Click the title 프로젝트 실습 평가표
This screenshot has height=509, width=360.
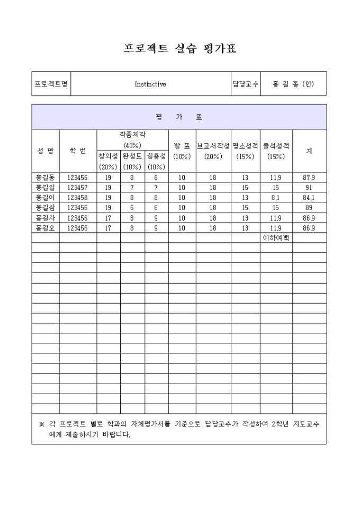coord(179,49)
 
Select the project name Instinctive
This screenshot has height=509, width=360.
coord(150,84)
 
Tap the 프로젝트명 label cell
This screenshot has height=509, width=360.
coord(51,84)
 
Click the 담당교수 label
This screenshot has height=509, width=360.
coord(245,84)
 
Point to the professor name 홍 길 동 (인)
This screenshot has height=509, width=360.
coord(293,84)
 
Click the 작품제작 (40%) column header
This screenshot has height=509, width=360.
coord(132,140)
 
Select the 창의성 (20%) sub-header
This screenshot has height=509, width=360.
coord(108,161)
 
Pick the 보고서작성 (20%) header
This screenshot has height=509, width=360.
coord(213,151)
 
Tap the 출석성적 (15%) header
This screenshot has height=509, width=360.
coord(276,151)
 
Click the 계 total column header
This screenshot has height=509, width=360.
coord(309,151)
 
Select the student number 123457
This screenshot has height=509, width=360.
coord(77,188)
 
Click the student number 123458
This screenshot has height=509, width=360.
coord(77,198)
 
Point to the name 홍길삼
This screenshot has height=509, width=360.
coord(45,208)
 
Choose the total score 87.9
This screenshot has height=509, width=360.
coord(309,178)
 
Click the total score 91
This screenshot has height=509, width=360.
coord(309,188)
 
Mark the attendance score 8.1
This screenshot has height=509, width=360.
coord(276,198)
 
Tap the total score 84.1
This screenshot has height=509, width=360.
coord(309,198)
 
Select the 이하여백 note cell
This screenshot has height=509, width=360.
coord(276,238)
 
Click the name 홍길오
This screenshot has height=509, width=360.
coord(45,228)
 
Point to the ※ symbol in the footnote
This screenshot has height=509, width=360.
coord(42,424)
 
